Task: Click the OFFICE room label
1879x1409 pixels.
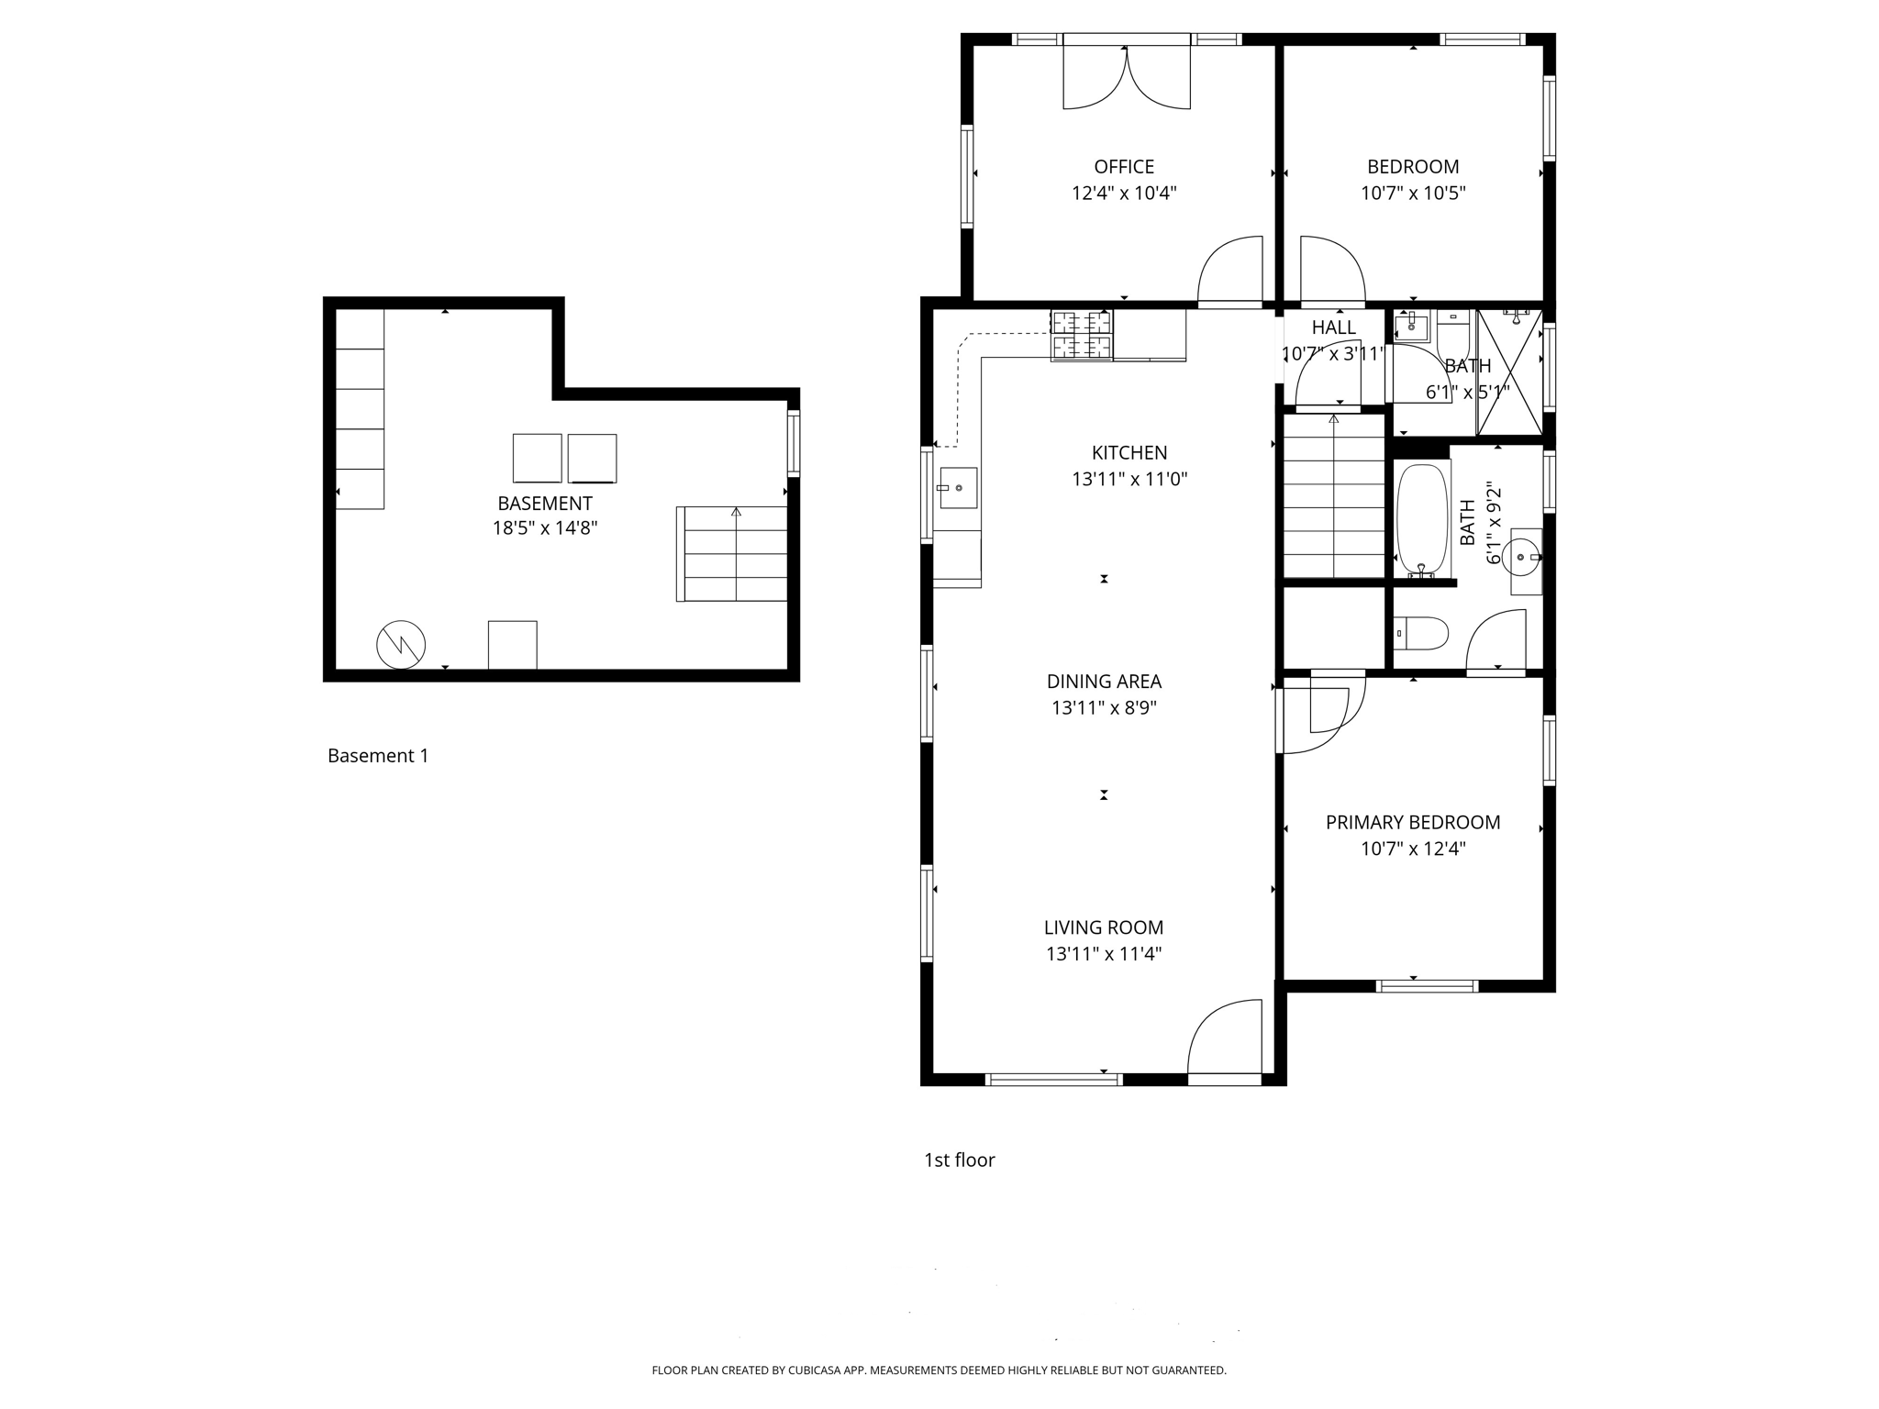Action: click(1123, 167)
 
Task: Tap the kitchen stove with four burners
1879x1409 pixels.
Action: click(1082, 335)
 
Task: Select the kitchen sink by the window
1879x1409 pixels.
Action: click(958, 488)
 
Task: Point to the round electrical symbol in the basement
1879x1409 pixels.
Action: click(401, 645)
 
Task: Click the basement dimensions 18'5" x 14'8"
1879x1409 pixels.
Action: click(545, 528)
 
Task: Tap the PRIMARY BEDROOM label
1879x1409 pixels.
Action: click(1412, 823)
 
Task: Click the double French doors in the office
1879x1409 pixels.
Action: click(1127, 78)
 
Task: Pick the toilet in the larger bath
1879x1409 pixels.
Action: click(1422, 633)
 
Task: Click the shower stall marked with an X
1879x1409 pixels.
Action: click(1509, 372)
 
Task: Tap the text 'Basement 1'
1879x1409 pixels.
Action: click(378, 756)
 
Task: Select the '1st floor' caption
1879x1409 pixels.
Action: click(959, 1160)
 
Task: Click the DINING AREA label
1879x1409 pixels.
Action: click(1104, 682)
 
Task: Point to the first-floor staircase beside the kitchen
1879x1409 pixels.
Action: click(1333, 496)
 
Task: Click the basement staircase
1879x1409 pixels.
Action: click(735, 554)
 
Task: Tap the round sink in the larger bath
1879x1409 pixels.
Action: click(1525, 556)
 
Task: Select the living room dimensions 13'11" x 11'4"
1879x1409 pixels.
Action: click(1104, 954)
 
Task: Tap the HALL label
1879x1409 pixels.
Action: click(1333, 328)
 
